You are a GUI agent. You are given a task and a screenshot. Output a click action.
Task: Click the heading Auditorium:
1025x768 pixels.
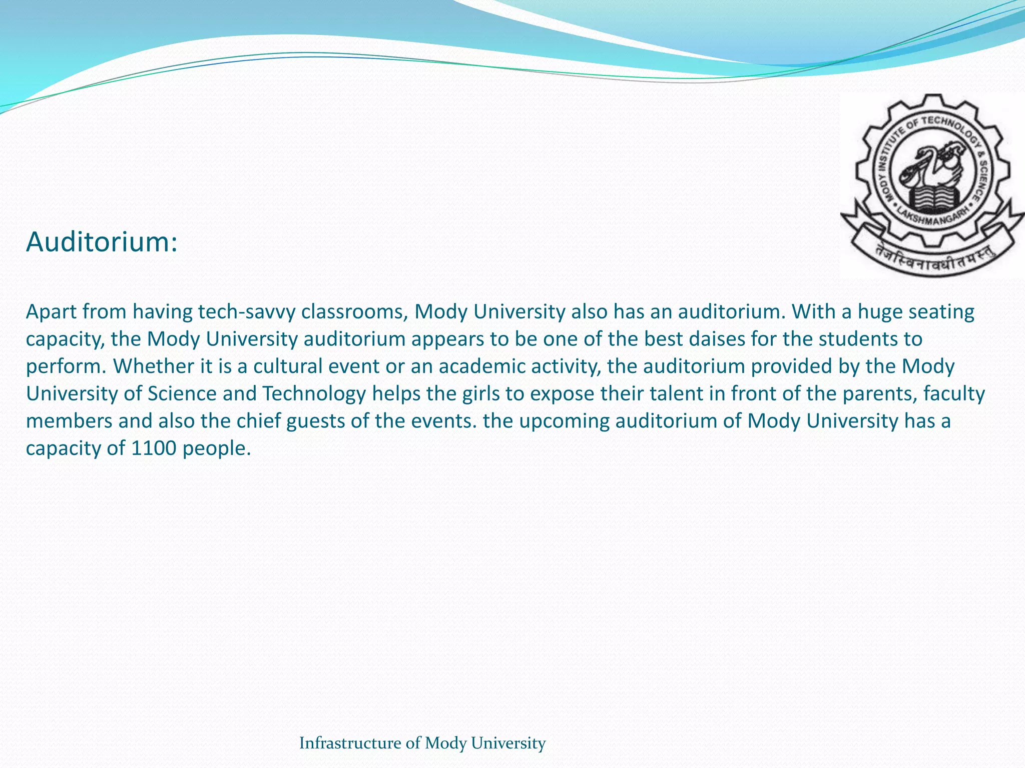tap(102, 242)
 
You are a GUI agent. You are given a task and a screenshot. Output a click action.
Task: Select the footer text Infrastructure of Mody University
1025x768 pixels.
tap(422, 743)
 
